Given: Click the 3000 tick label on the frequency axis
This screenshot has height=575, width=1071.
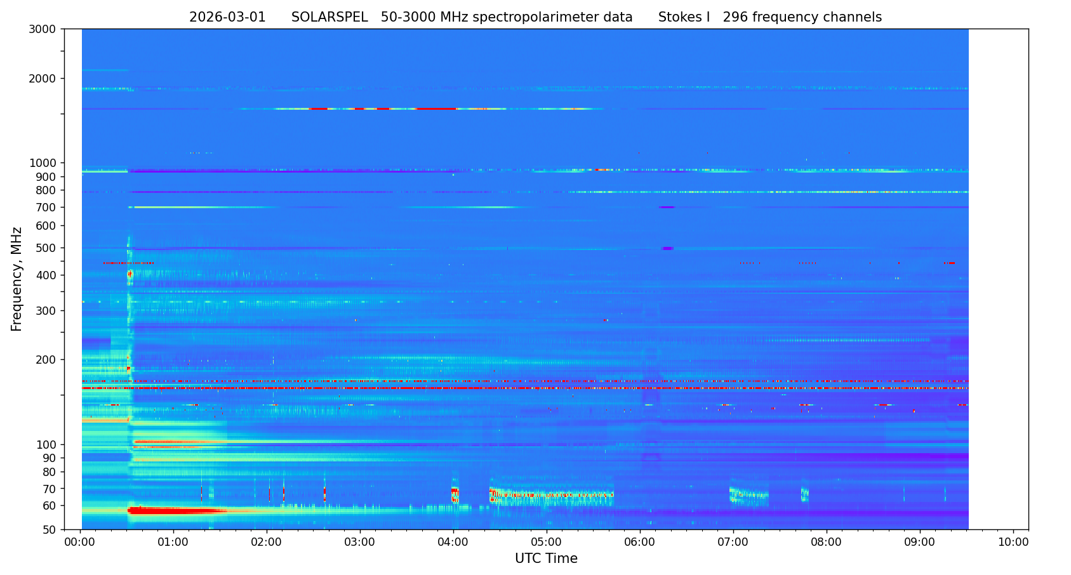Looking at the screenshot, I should point(46,29).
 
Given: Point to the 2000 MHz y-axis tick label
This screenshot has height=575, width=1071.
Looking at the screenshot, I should point(46,79).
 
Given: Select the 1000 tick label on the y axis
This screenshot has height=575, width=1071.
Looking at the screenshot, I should point(46,163).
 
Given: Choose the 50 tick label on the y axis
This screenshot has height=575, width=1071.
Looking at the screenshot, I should point(51,530).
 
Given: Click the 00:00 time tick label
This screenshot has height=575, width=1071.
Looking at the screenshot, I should point(80,543).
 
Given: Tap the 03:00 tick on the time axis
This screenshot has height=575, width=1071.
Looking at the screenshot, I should point(360,543).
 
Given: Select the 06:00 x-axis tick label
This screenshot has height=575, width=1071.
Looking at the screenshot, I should point(640,543).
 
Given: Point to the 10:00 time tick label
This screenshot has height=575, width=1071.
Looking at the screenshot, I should point(1013,543).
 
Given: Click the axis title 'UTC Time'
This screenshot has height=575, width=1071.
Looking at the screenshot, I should point(546,559).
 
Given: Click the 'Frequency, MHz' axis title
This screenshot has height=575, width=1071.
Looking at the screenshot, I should point(17,279).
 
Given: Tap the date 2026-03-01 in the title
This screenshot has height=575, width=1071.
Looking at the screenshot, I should point(227,18).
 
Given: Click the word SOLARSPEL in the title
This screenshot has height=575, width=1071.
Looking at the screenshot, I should point(329,18).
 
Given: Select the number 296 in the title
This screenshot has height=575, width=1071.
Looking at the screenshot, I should point(735,18).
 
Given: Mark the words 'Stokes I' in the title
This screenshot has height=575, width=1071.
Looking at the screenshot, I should point(684,18).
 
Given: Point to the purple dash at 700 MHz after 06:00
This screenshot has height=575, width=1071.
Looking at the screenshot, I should point(667,208).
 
